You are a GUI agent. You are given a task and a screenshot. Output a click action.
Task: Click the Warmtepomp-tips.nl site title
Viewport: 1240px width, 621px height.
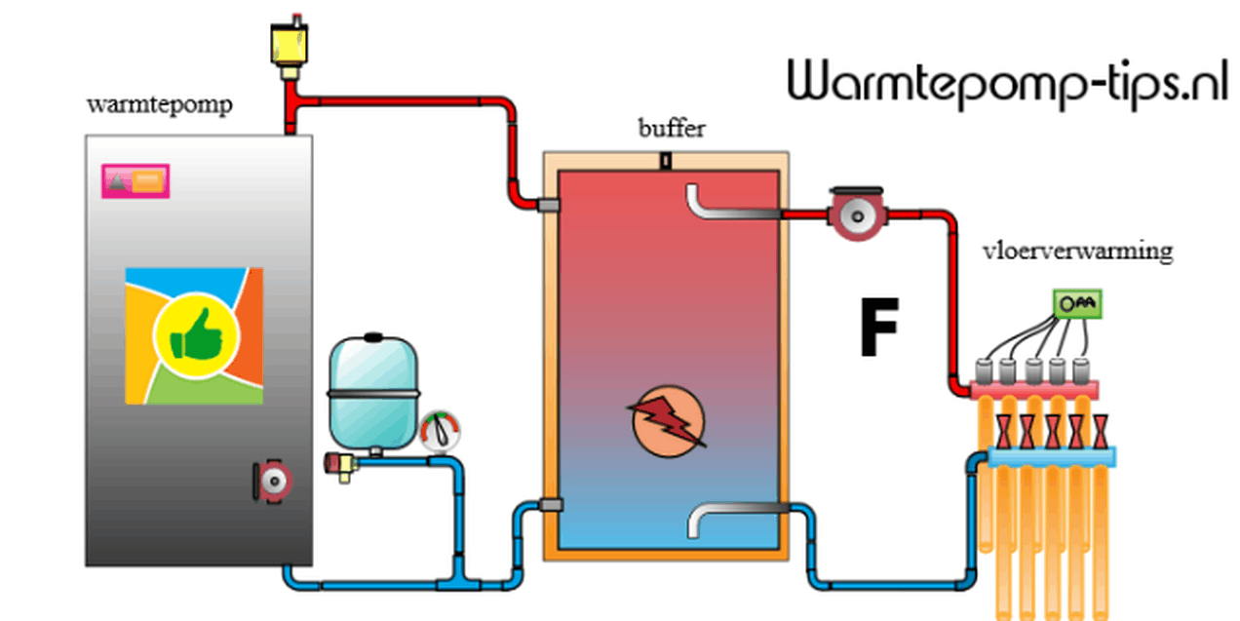(1006, 82)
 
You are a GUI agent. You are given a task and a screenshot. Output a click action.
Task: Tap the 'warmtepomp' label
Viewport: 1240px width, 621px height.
(160, 105)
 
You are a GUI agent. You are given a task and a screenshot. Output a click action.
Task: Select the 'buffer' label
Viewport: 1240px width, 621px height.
(672, 128)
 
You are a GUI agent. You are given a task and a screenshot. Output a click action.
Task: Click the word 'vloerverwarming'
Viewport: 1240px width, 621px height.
(1077, 251)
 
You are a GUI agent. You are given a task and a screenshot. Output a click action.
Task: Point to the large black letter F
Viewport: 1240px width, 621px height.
(877, 330)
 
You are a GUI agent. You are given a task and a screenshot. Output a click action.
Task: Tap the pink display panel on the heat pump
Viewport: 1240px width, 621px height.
(136, 180)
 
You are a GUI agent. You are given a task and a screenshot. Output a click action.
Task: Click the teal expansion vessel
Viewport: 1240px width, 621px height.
(372, 390)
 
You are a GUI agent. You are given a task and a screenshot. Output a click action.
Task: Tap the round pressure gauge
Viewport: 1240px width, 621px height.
(441, 430)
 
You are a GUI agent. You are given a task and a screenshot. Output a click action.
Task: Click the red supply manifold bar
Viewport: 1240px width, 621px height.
(1034, 389)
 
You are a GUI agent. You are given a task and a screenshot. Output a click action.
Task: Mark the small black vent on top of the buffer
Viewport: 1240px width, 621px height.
(665, 161)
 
